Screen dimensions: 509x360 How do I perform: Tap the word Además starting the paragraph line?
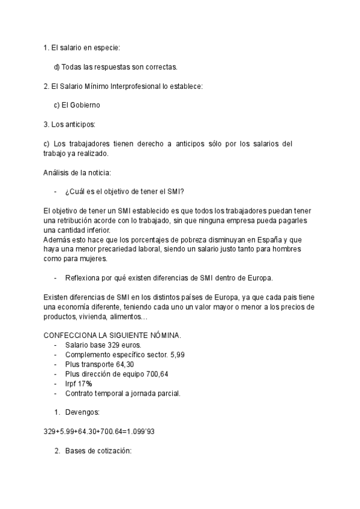[59, 239]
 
